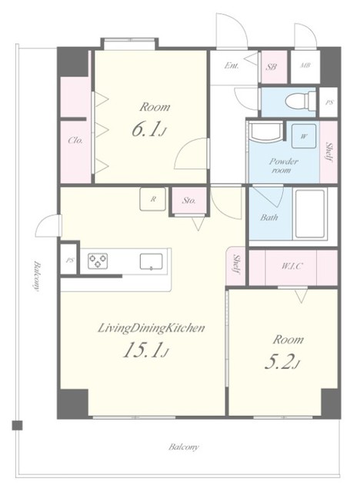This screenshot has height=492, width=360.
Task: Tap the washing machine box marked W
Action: [303, 136]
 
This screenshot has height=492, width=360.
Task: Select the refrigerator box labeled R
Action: [153, 199]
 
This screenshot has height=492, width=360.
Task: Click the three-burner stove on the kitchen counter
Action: [98, 261]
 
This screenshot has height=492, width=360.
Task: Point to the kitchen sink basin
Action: [152, 261]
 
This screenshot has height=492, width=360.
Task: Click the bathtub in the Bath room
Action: [310, 214]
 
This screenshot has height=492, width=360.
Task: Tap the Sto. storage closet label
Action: [188, 200]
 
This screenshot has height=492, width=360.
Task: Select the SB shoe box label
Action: [272, 67]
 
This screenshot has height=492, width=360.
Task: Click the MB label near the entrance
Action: [305, 65]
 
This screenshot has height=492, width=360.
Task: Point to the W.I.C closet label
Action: [292, 267]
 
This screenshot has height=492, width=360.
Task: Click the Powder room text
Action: [283, 166]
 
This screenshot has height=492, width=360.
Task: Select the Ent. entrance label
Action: [232, 65]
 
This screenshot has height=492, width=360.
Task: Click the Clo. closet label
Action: [75, 140]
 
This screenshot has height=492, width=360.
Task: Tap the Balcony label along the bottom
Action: [184, 447]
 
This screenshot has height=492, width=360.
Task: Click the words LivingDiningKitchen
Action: [152, 328]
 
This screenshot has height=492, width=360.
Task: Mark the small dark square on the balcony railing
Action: [17, 425]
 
